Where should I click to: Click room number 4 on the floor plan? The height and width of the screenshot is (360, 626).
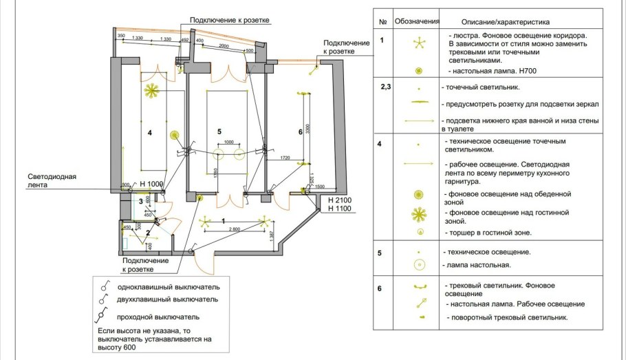[149, 131]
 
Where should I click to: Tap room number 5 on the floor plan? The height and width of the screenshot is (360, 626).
[219, 131]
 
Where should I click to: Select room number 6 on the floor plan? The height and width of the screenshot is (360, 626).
[300, 131]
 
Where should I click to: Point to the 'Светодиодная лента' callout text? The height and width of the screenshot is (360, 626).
[52, 180]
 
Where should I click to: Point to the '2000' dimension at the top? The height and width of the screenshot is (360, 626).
[224, 45]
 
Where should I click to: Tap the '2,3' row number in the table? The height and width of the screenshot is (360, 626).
[385, 88]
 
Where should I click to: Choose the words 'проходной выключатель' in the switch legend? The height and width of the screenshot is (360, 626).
[159, 317]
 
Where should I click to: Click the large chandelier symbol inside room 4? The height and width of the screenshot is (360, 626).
[151, 89]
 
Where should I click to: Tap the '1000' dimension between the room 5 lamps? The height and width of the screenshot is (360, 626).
[228, 142]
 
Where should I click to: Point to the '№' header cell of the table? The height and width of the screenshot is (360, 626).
[382, 22]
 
